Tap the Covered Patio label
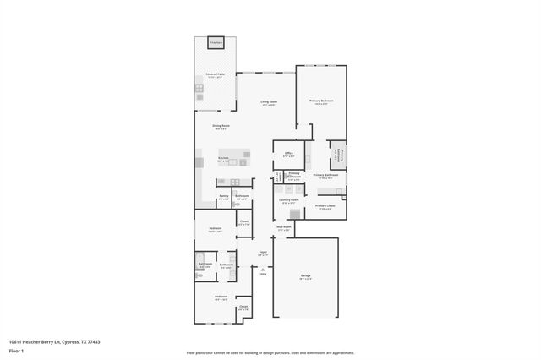(x=215, y=74)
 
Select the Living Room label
(x=269, y=102)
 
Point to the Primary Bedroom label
(x=321, y=101)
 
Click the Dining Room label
(x=221, y=127)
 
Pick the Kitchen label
(x=223, y=158)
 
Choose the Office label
(x=288, y=154)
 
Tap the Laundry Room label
(x=290, y=201)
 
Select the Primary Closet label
(x=325, y=206)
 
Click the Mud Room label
(x=286, y=227)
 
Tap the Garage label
(x=305, y=276)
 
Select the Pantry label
(x=224, y=197)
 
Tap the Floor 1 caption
(x=16, y=350)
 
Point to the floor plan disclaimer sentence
(x=270, y=353)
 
